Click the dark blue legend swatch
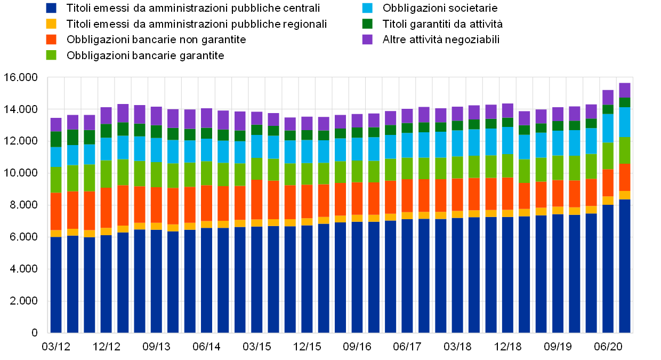tap(51, 8)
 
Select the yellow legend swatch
tap(51, 24)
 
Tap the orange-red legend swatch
tap(51, 39)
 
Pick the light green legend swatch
tap(51, 55)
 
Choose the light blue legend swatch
tap(367, 8)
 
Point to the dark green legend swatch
tap(367, 24)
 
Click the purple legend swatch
tap(367, 39)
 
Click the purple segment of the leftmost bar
tap(56, 125)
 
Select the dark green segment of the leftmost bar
tap(56, 139)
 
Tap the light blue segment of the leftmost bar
tap(56, 157)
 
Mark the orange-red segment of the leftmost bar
tap(56, 212)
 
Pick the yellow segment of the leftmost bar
tap(56, 234)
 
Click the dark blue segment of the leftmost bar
tap(56, 285)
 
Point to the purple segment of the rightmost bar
tap(625, 90)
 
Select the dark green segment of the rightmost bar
tap(625, 102)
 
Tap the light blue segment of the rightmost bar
tap(625, 122)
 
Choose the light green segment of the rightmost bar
tap(625, 150)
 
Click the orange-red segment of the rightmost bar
tap(625, 178)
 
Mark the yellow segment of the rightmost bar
tap(625, 195)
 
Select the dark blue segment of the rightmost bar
tap(625, 266)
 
